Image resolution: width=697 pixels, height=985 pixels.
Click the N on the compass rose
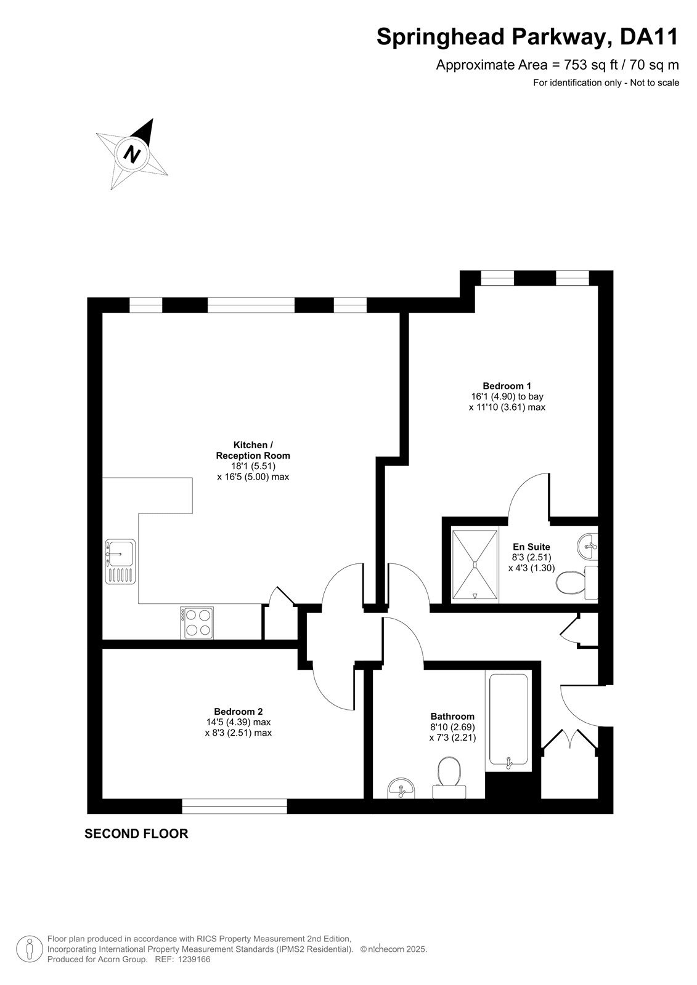pyautogui.click(x=132, y=154)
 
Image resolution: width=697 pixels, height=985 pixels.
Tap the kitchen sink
pyautogui.click(x=120, y=561)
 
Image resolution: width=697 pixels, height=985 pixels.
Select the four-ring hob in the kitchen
pyautogui.click(x=197, y=622)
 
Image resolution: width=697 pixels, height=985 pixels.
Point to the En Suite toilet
pyautogui.click(x=577, y=582)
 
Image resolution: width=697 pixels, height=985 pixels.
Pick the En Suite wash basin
pyautogui.click(x=587, y=547)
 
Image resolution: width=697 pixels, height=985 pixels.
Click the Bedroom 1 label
pyautogui.click(x=507, y=385)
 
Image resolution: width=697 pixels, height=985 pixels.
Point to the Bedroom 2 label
pyautogui.click(x=238, y=711)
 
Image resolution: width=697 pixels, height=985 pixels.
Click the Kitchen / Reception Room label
pyautogui.click(x=253, y=450)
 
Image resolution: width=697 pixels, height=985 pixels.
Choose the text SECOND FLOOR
pyautogui.click(x=136, y=846)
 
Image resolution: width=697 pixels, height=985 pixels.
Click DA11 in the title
pyautogui.click(x=649, y=36)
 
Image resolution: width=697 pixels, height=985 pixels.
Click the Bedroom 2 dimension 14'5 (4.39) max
pyautogui.click(x=238, y=722)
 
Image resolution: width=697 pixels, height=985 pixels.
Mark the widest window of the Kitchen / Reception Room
pyautogui.click(x=251, y=305)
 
